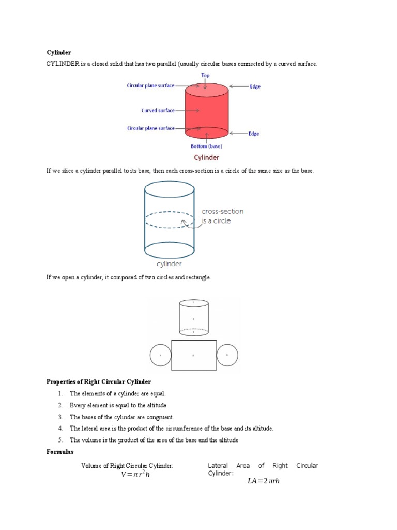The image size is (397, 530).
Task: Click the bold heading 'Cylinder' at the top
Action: point(58,53)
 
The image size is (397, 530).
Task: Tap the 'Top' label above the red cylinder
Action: point(205,76)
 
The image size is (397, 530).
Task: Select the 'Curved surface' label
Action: point(158,110)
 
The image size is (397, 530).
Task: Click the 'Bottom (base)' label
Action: point(206,146)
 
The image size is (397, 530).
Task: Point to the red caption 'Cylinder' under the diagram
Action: point(206,157)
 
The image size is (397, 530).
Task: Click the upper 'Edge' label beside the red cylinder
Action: point(255,86)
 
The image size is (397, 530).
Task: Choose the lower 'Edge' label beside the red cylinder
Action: point(253,134)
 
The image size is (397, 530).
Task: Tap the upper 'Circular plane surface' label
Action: point(150,85)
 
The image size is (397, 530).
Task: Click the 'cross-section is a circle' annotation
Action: point(222,216)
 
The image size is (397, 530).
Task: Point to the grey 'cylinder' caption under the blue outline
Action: point(169,263)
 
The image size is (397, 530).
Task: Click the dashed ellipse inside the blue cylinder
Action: point(169,219)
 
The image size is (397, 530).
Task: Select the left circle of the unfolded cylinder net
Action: point(160,356)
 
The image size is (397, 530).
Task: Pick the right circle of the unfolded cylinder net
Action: point(226,356)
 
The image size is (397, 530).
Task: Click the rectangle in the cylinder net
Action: point(194,355)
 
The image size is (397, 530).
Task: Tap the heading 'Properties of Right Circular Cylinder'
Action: point(99,382)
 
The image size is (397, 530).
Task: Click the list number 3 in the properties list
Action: point(60,417)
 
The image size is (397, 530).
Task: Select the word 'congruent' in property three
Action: point(160,417)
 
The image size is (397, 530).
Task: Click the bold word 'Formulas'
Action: point(60,452)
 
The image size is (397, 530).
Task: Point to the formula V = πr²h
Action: point(135,475)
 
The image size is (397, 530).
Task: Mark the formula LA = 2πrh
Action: point(263,481)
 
